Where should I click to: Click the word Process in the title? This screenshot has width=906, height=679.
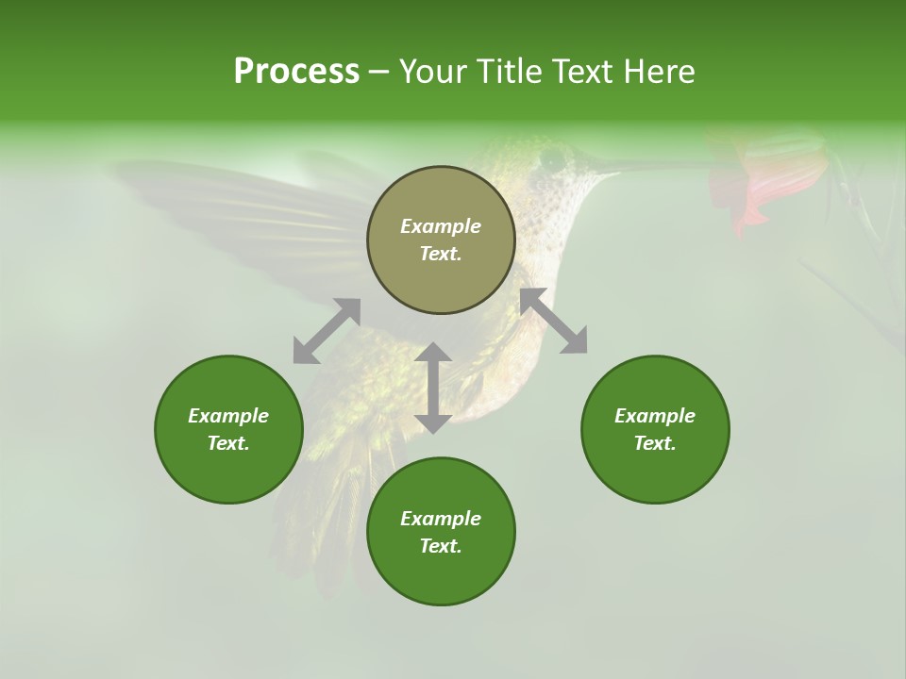pos(296,72)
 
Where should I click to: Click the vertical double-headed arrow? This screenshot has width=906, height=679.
pos(433,388)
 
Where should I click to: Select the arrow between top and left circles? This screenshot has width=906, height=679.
pos(327,331)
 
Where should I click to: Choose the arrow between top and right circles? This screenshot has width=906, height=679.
pos(553,321)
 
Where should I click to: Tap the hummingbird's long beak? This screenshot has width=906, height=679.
pos(651,166)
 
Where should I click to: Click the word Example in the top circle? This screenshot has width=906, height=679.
pos(441,226)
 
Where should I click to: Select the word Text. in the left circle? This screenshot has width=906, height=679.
pos(228,443)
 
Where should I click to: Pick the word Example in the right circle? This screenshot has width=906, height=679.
pos(655,416)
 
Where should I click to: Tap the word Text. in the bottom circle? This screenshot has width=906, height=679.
pos(441,546)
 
